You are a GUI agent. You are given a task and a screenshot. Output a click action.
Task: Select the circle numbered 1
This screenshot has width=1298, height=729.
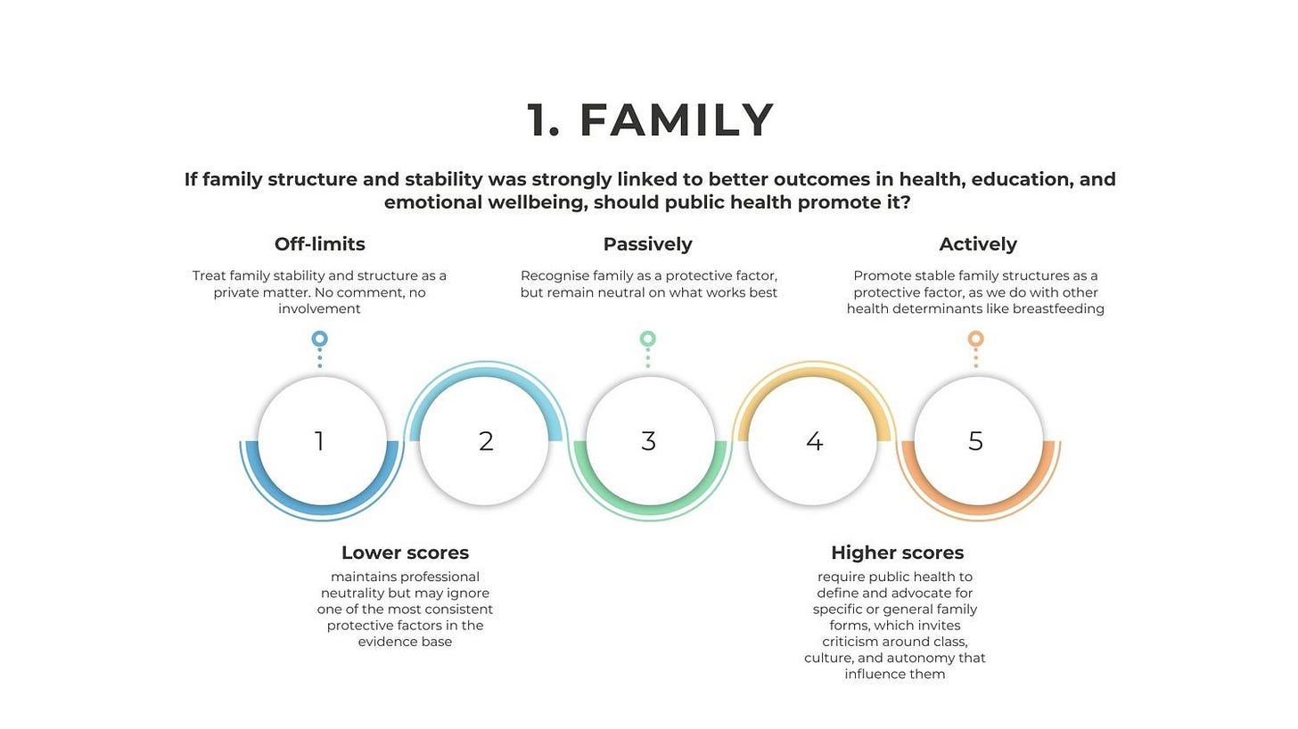click(x=320, y=441)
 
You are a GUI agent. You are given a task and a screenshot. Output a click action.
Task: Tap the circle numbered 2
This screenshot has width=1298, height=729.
click(x=485, y=441)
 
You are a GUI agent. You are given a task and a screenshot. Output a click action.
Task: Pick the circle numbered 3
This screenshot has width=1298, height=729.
click(x=648, y=441)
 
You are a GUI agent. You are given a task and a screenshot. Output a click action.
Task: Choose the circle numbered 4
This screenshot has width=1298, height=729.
click(x=813, y=441)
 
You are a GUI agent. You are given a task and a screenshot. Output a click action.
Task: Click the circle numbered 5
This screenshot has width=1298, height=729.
click(x=976, y=441)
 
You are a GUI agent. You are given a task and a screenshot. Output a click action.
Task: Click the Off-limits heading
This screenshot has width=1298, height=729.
click(x=319, y=244)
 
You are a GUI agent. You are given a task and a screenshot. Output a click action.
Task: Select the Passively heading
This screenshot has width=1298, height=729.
click(x=647, y=244)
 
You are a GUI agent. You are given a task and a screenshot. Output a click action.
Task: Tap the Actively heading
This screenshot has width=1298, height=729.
click(x=977, y=244)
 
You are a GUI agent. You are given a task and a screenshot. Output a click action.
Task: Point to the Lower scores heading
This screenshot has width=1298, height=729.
click(x=405, y=553)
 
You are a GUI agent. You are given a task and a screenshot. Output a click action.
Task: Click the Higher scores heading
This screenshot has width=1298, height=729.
click(x=897, y=553)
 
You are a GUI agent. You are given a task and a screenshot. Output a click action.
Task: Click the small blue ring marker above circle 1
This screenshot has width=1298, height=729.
click(x=320, y=339)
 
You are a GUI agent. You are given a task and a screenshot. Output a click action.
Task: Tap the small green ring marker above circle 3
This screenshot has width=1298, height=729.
click(x=648, y=339)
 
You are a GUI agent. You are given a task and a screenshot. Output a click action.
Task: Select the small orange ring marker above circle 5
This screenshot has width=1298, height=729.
click(x=976, y=339)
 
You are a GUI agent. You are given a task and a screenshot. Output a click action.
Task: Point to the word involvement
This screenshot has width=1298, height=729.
click(x=319, y=309)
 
